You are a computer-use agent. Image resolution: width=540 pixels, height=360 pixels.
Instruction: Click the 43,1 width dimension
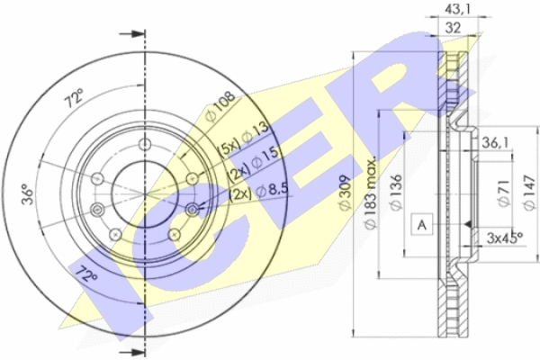457,9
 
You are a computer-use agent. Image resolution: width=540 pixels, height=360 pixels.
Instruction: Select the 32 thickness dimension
453,28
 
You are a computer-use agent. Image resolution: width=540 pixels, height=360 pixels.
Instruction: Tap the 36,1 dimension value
495,142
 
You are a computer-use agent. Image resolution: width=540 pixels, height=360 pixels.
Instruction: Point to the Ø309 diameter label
345,193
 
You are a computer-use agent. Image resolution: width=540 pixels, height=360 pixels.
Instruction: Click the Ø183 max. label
371,193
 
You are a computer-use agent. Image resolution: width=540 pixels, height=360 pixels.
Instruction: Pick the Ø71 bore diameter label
504,192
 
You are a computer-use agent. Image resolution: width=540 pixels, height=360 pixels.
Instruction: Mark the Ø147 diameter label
529,193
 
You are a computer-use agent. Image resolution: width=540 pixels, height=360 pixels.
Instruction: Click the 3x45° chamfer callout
505,238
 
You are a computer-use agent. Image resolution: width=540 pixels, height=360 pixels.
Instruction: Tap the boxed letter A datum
422,224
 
